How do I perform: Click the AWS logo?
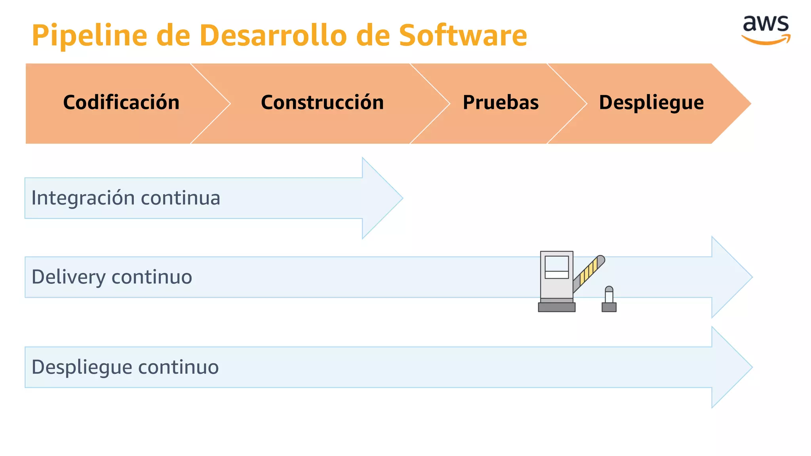tap(765, 30)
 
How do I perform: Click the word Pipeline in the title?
tap(89, 36)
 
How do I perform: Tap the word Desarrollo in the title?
tap(273, 36)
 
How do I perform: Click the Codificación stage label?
tap(121, 103)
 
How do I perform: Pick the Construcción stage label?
tap(322, 103)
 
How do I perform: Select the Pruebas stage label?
tap(501, 103)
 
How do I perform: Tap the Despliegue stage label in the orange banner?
tap(651, 103)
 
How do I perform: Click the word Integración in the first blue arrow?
tap(83, 198)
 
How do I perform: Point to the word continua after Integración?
tap(181, 198)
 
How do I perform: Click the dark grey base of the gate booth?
tap(557, 307)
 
